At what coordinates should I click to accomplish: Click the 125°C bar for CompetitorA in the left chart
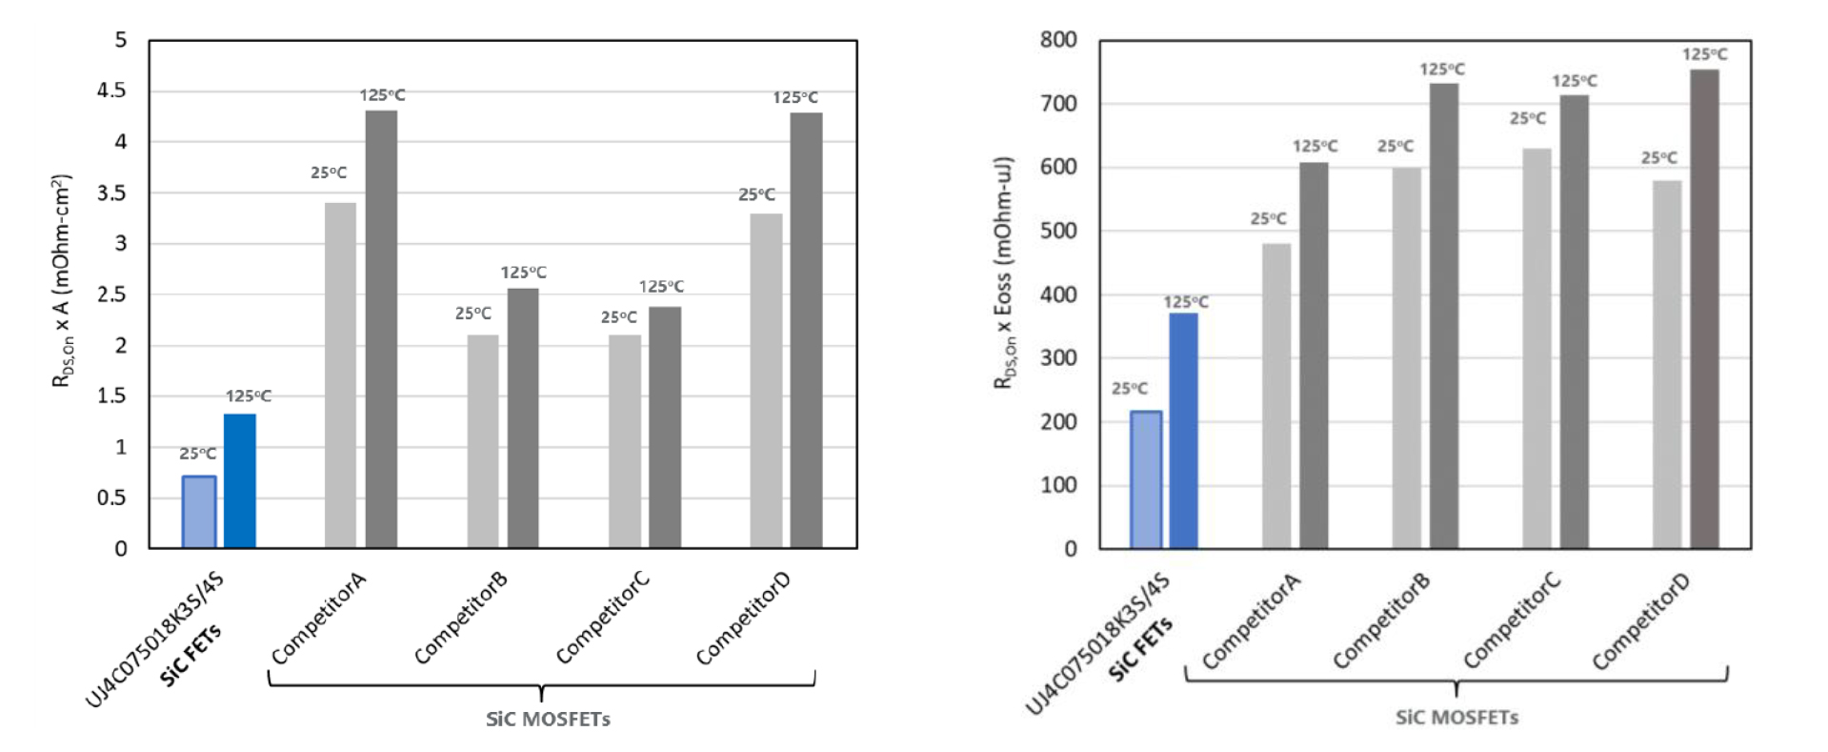click(381, 329)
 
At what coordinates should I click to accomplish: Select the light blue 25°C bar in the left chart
click(199, 512)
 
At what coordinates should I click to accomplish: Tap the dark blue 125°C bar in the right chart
click(1183, 431)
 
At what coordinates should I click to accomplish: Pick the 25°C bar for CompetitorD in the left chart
click(766, 380)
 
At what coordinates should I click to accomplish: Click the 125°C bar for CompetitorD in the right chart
click(1704, 309)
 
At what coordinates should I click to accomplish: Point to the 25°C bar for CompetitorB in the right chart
click(1406, 358)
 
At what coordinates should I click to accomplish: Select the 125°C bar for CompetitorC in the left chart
click(665, 427)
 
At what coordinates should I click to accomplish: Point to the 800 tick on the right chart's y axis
click(1058, 40)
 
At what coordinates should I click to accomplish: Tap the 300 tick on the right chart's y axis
click(1058, 357)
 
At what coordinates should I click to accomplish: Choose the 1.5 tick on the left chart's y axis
click(111, 396)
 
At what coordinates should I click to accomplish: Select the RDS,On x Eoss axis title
click(1004, 273)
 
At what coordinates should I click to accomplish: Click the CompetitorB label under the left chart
click(460, 619)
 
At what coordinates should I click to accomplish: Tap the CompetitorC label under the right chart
click(1512, 621)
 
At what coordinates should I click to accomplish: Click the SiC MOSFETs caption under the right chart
click(1456, 718)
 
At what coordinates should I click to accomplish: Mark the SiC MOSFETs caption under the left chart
click(548, 720)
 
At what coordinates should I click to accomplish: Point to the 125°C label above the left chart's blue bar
click(248, 396)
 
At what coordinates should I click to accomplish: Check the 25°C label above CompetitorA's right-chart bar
click(1268, 219)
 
